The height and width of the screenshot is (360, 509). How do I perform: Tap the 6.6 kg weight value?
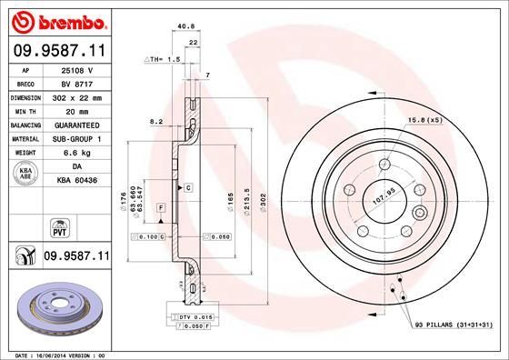point(76,153)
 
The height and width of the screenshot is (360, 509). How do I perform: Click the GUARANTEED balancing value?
point(76,125)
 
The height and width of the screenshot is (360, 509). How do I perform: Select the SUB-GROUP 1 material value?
point(76,138)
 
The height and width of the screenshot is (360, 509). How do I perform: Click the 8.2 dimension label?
point(155,121)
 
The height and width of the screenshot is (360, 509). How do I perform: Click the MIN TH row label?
point(25,110)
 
